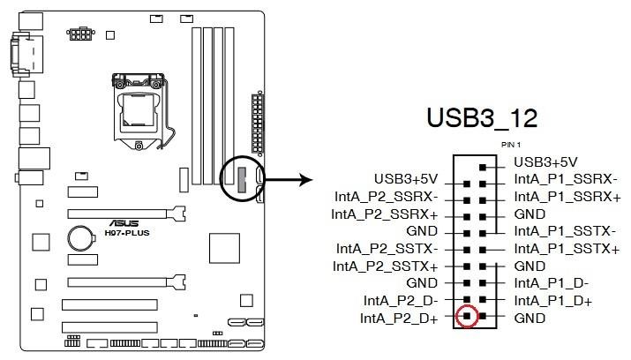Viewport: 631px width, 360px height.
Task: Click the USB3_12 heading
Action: coord(481,118)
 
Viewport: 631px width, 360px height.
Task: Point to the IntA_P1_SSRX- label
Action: coord(565,180)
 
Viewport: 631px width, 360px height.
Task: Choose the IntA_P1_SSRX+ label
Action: coord(567,197)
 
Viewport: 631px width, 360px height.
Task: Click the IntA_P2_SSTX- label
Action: coord(387,248)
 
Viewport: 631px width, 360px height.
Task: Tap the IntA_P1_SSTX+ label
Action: coord(566,249)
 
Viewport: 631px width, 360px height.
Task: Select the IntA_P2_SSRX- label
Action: coord(385,197)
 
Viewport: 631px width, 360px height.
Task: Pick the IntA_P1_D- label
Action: coord(551,282)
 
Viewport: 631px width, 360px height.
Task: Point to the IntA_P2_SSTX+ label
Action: coord(386,266)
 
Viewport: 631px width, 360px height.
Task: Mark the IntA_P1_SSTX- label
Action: coord(564,231)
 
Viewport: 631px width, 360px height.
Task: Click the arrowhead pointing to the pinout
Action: coord(305,181)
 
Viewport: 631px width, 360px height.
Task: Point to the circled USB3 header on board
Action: coord(242,180)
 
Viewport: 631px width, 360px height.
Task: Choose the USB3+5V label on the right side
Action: coord(545,162)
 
